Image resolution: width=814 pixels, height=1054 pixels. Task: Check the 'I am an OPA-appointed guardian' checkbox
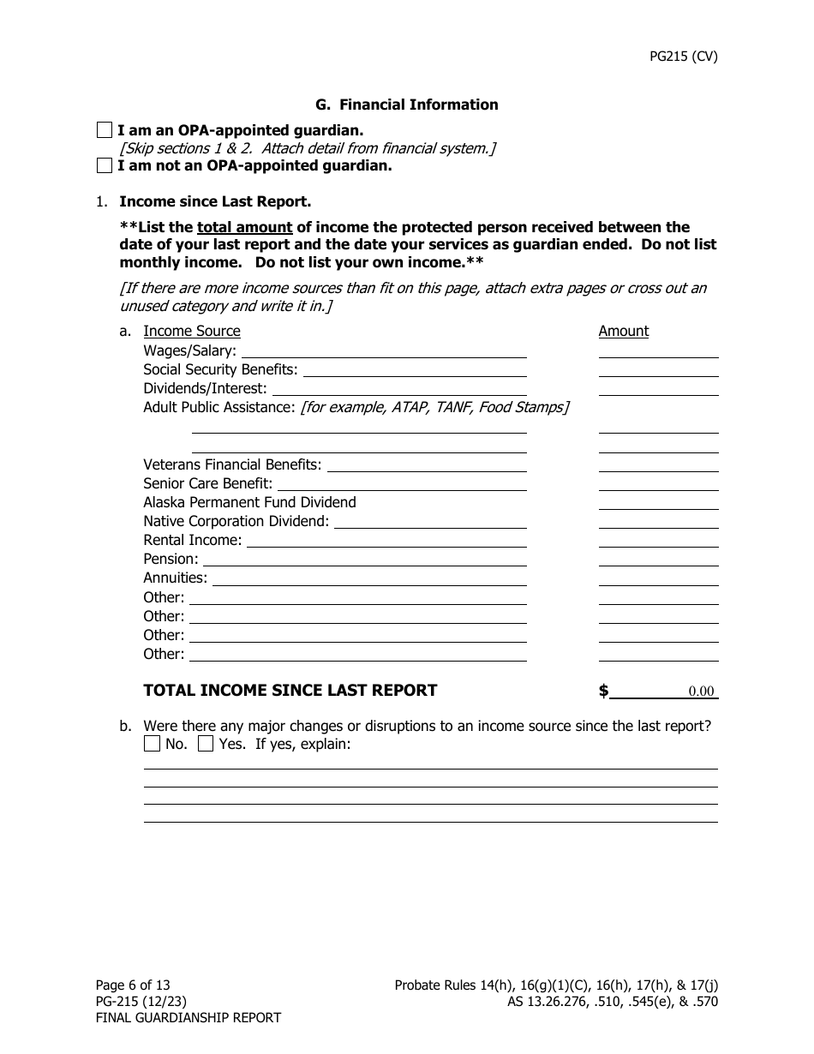click(105, 130)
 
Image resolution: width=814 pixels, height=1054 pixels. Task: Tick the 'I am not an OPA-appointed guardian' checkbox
click(105, 165)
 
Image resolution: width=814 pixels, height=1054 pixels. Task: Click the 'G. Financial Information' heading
click(406, 105)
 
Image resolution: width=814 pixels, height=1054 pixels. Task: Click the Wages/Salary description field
click(385, 350)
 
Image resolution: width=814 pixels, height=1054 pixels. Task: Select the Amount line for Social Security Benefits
click(658, 369)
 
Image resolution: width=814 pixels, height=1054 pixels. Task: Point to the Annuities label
click(175, 578)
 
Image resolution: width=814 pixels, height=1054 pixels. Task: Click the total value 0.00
click(700, 692)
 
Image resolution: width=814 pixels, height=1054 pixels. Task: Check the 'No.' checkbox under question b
click(152, 744)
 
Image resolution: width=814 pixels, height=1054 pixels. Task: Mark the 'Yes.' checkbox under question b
click(206, 744)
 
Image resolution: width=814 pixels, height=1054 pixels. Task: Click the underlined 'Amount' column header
click(623, 331)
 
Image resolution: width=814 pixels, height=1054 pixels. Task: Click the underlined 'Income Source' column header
click(192, 331)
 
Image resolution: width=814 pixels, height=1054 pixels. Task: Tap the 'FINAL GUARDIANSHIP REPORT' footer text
click(188, 1018)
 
